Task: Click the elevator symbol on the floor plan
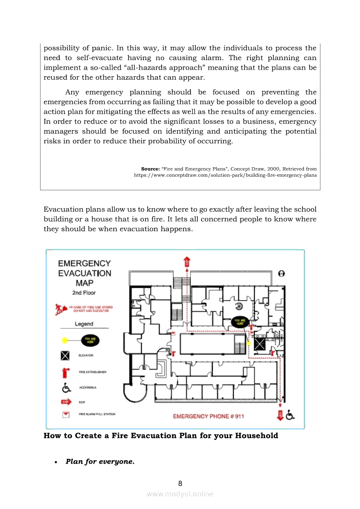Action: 260,344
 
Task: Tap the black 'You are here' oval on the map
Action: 240,322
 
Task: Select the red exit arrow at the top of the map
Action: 187,262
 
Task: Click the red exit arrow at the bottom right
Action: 280,415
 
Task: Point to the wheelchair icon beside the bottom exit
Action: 290,415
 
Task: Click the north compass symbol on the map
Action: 282,273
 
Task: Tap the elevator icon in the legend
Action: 65,356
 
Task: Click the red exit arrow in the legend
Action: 66,401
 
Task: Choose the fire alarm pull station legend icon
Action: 66,415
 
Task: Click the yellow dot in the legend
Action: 65,340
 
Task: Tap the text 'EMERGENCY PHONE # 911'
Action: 208,417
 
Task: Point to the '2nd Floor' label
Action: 84,293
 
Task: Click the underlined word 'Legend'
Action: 84,324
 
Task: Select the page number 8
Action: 180,483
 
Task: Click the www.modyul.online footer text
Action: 180,494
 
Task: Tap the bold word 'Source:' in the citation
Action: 150,169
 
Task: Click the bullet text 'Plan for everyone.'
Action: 100,462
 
